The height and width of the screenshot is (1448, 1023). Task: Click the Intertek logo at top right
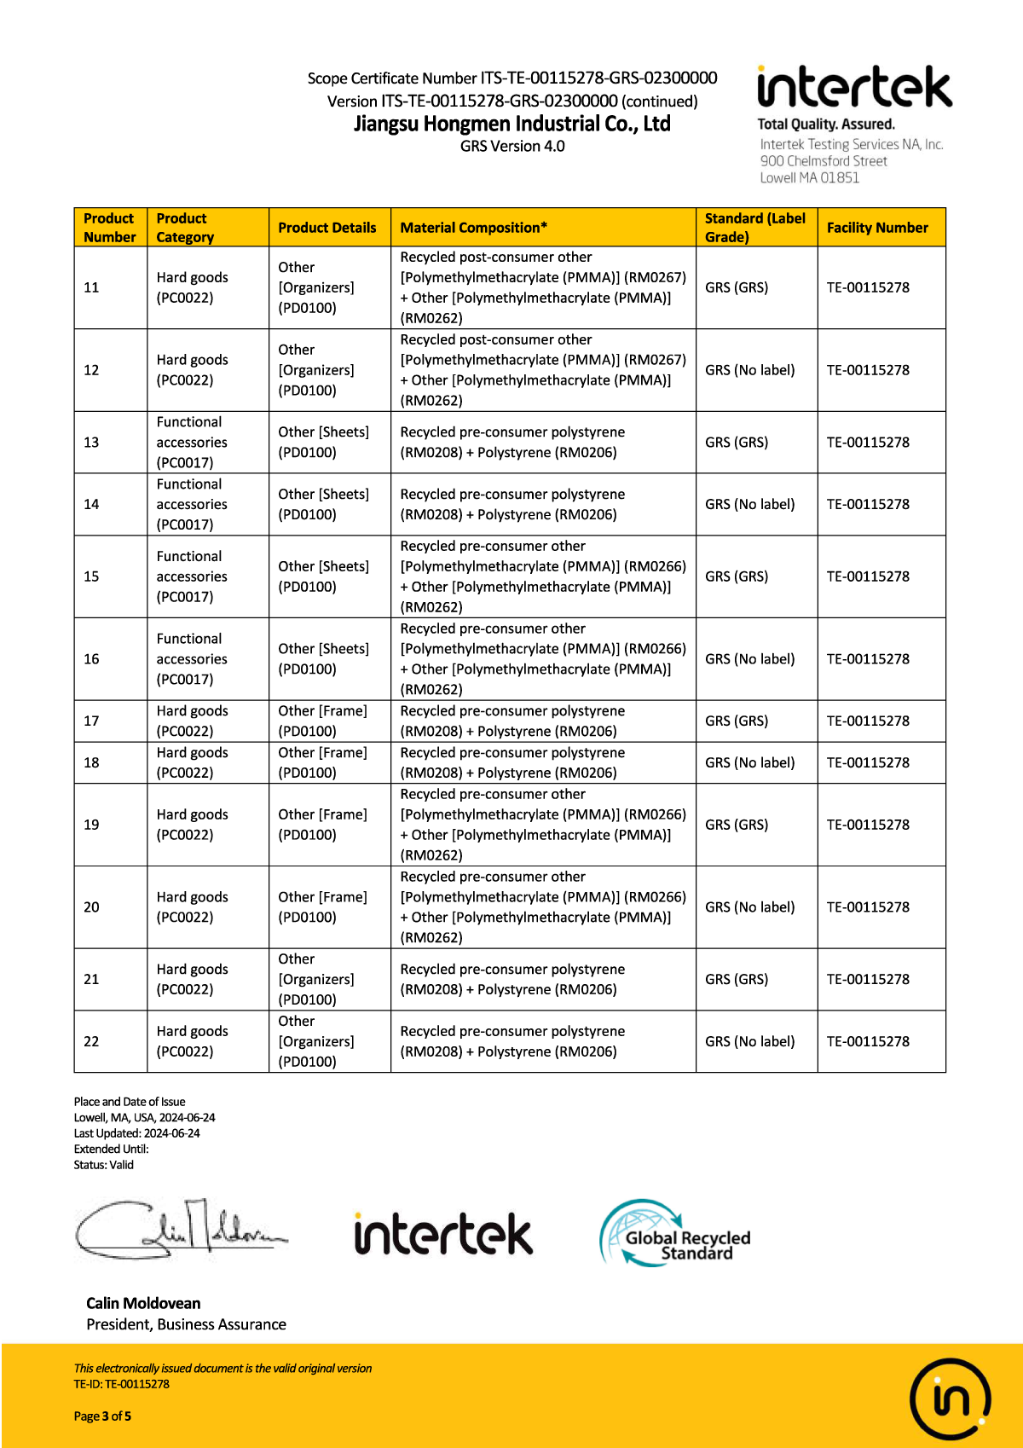click(853, 88)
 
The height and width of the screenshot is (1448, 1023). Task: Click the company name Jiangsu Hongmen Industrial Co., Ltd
click(512, 124)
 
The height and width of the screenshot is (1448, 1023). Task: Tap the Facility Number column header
click(877, 228)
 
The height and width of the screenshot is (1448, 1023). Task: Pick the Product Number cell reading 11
click(92, 287)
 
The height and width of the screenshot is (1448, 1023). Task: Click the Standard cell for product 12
click(749, 370)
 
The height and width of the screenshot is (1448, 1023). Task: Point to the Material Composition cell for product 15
click(542, 576)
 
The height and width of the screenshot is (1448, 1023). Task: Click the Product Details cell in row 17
click(323, 721)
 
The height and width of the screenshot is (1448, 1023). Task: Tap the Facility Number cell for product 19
click(868, 825)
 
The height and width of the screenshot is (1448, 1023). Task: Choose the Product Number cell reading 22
click(92, 1041)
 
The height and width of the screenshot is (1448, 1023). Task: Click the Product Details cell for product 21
click(316, 979)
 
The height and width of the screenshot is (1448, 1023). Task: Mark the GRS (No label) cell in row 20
click(749, 907)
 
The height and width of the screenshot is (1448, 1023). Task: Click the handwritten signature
click(180, 1231)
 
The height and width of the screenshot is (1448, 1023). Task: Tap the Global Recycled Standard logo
click(675, 1235)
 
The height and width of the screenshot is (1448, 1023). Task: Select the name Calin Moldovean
click(143, 1303)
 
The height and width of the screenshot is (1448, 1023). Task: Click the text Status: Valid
click(104, 1165)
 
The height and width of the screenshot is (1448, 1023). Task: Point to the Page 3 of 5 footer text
click(102, 1416)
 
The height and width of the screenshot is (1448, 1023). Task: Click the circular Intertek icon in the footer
click(950, 1399)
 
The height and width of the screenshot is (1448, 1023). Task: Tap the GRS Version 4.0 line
click(512, 147)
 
